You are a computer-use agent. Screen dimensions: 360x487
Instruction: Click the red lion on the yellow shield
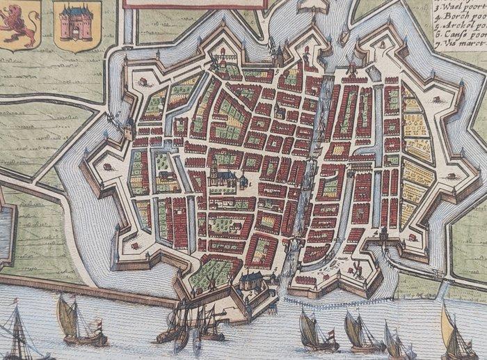tap(19, 24)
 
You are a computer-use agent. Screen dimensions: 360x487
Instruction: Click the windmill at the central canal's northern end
tap(351, 69)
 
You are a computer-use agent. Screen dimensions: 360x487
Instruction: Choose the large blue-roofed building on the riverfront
tap(253, 282)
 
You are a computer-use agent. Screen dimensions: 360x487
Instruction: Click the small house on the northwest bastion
tap(143, 81)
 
